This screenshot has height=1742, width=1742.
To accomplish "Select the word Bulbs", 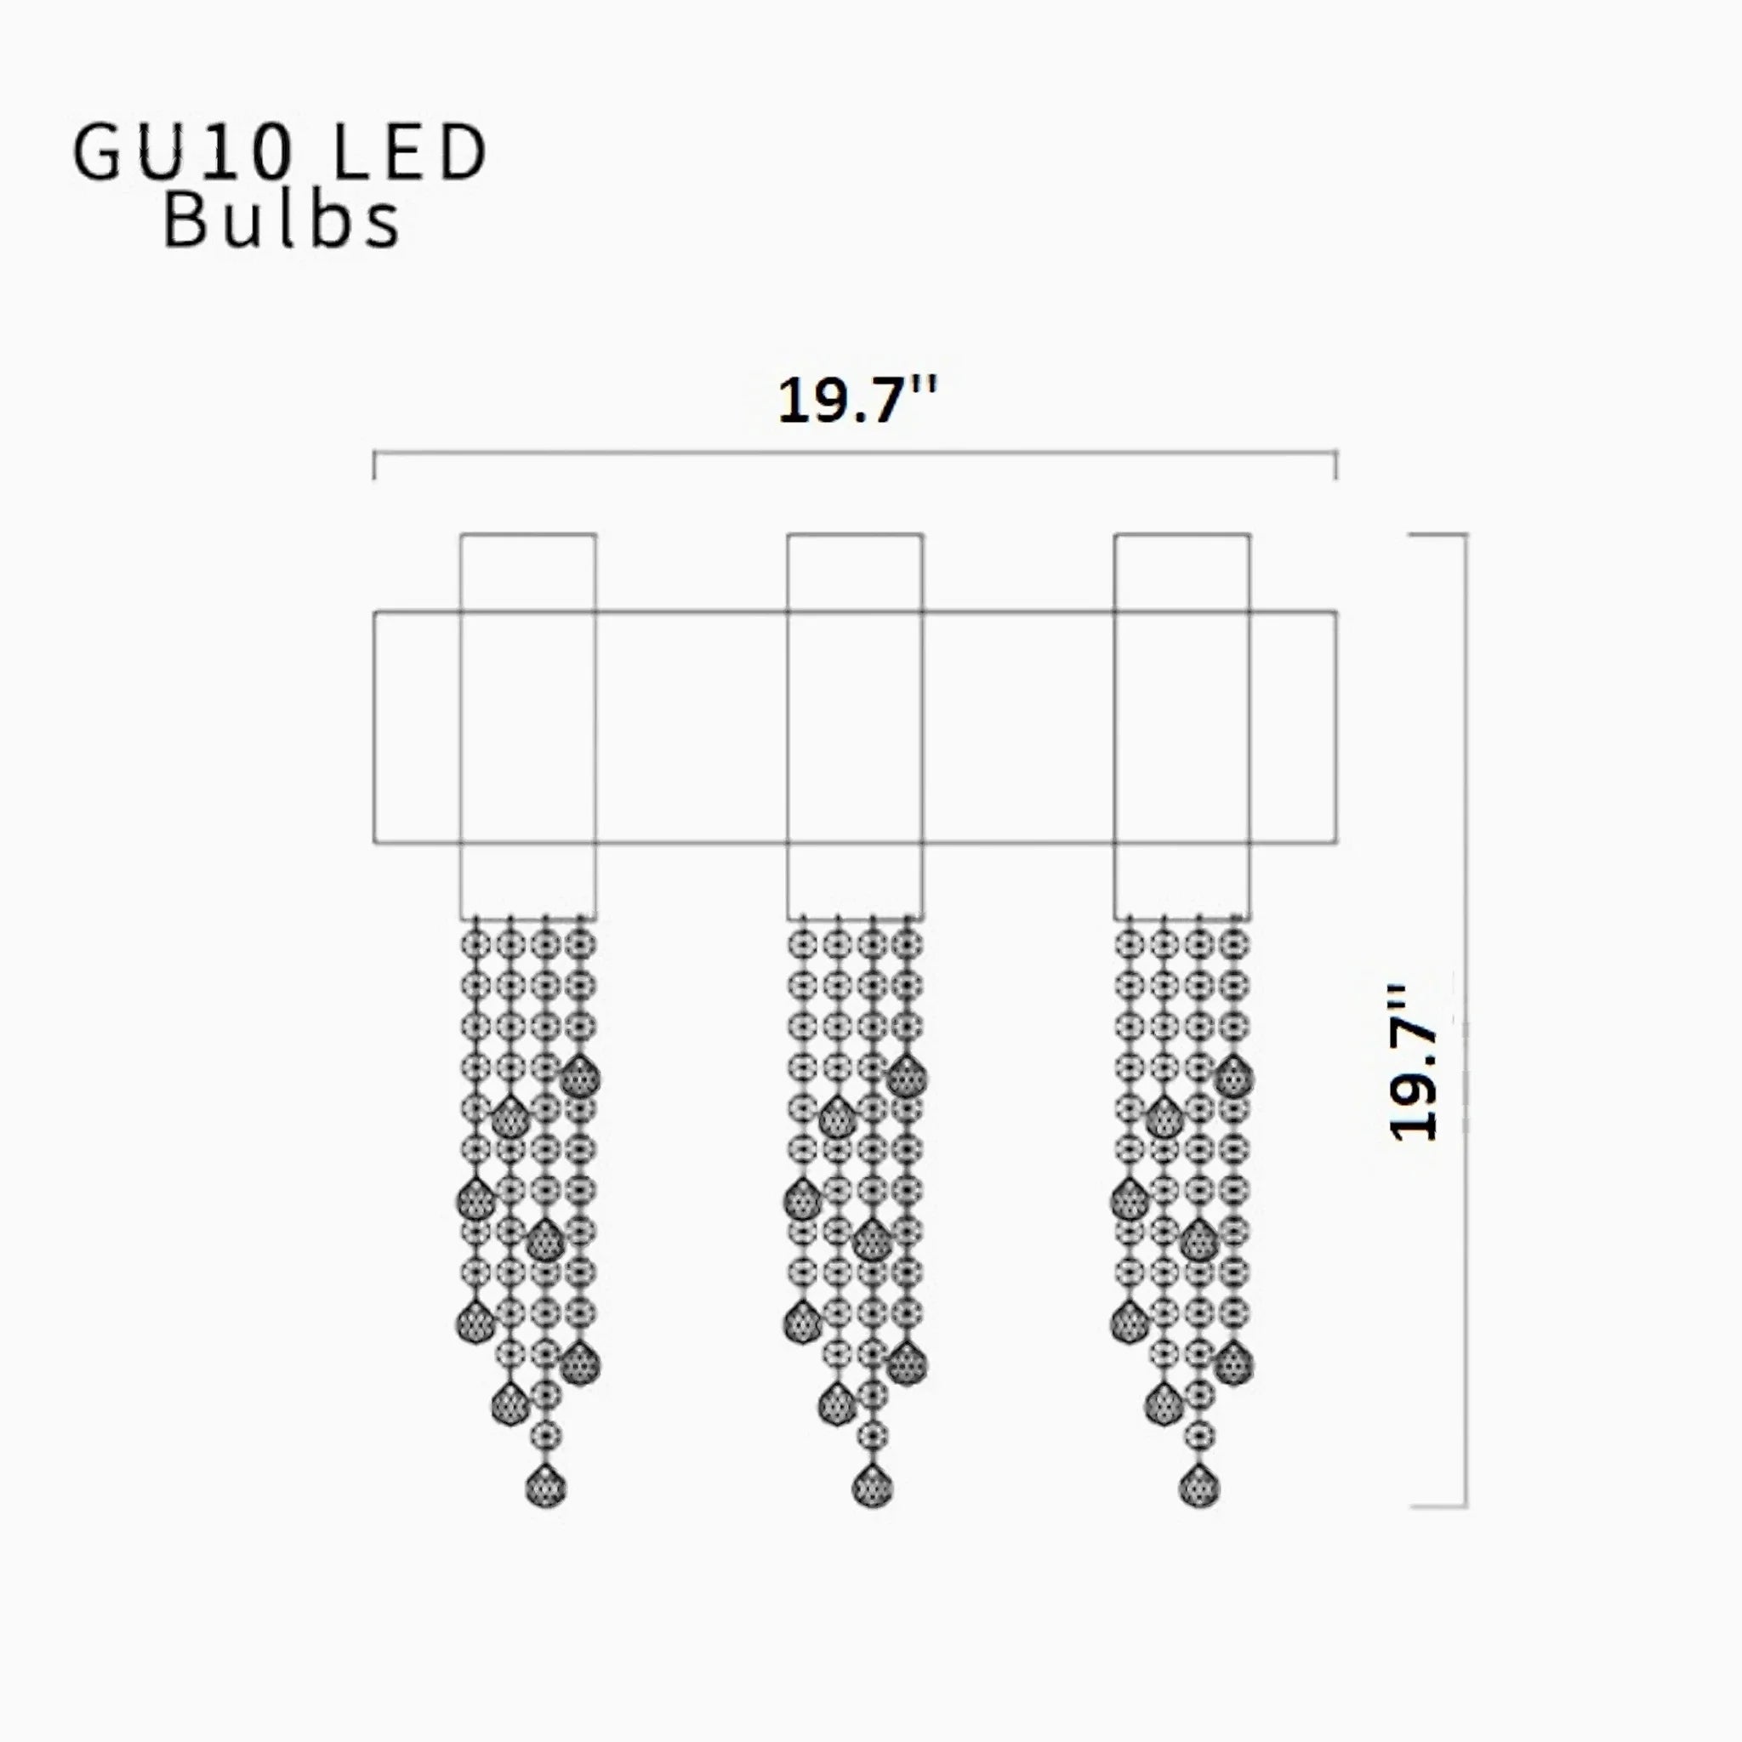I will click(282, 222).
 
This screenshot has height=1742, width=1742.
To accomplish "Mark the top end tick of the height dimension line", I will click(1437, 535).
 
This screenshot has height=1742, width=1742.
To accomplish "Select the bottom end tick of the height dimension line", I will click(1437, 1506).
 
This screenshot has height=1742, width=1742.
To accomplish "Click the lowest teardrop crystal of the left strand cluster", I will click(545, 1487).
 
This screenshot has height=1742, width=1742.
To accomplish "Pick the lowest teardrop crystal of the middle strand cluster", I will click(872, 1487).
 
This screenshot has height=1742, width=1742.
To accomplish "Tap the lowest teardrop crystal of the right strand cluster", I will click(1198, 1487).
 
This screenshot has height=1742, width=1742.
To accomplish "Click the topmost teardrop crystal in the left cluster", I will click(580, 1076).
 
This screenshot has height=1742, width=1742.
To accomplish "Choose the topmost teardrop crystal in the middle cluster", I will click(906, 1076).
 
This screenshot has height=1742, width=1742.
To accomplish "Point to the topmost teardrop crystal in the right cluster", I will click(1233, 1076).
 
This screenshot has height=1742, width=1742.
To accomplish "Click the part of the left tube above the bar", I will click(528, 572).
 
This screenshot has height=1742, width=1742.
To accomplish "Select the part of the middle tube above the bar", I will click(855, 572).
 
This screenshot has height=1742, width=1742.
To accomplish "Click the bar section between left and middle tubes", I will click(692, 727).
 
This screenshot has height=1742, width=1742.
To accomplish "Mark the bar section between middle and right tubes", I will click(1018, 727).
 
